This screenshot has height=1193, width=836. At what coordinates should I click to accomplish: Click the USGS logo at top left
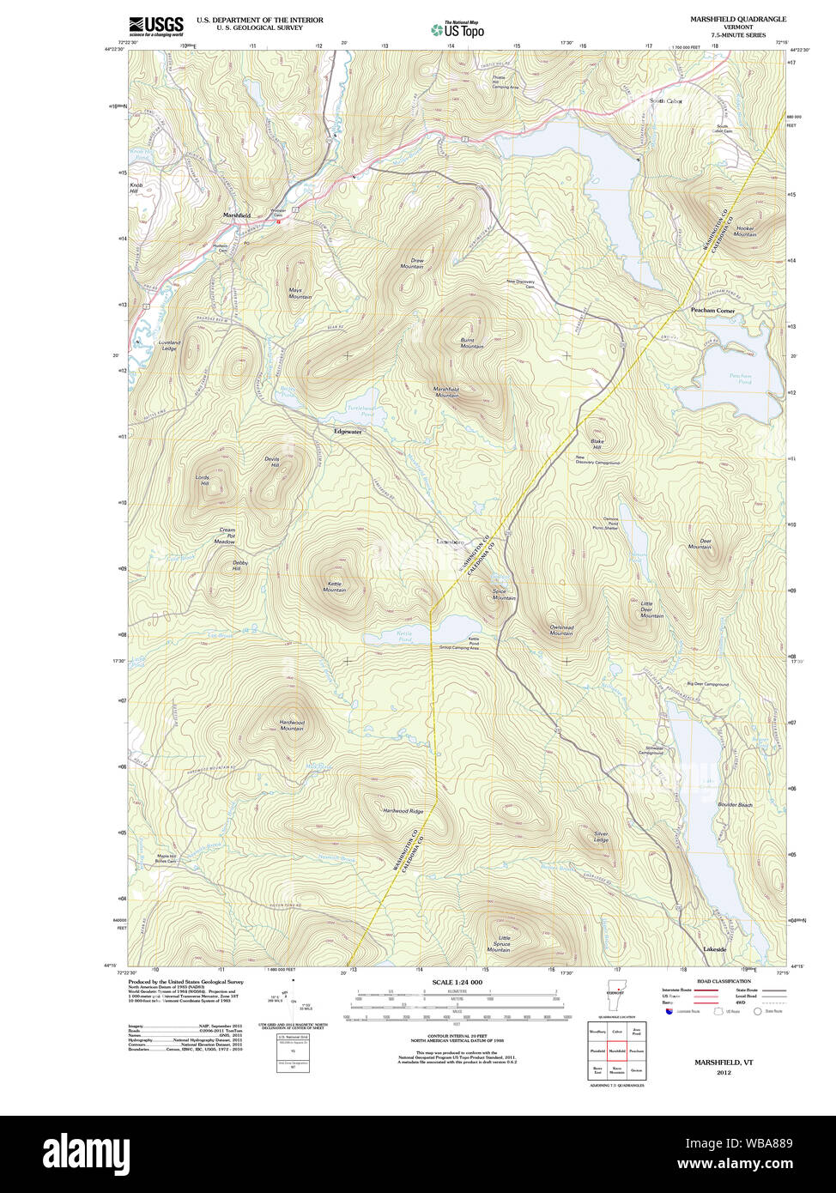point(155,26)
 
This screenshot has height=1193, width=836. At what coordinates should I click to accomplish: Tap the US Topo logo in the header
point(457,29)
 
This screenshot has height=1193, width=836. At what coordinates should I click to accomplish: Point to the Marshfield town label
point(237,215)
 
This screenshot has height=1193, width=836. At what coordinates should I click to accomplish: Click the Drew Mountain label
point(413,263)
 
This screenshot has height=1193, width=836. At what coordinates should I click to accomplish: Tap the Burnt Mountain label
point(471,343)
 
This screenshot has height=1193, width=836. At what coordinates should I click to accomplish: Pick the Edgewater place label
point(348,432)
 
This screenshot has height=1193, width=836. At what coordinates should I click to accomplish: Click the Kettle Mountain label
point(334,586)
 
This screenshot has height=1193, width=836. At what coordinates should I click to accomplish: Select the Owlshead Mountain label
point(561,629)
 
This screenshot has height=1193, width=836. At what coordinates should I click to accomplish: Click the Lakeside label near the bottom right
point(715,949)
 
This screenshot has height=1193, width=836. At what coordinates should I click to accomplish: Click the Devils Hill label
point(271,462)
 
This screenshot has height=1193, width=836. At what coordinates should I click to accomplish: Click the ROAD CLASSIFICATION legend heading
point(723,981)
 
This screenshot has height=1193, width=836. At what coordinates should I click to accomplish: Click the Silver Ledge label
point(601,837)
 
